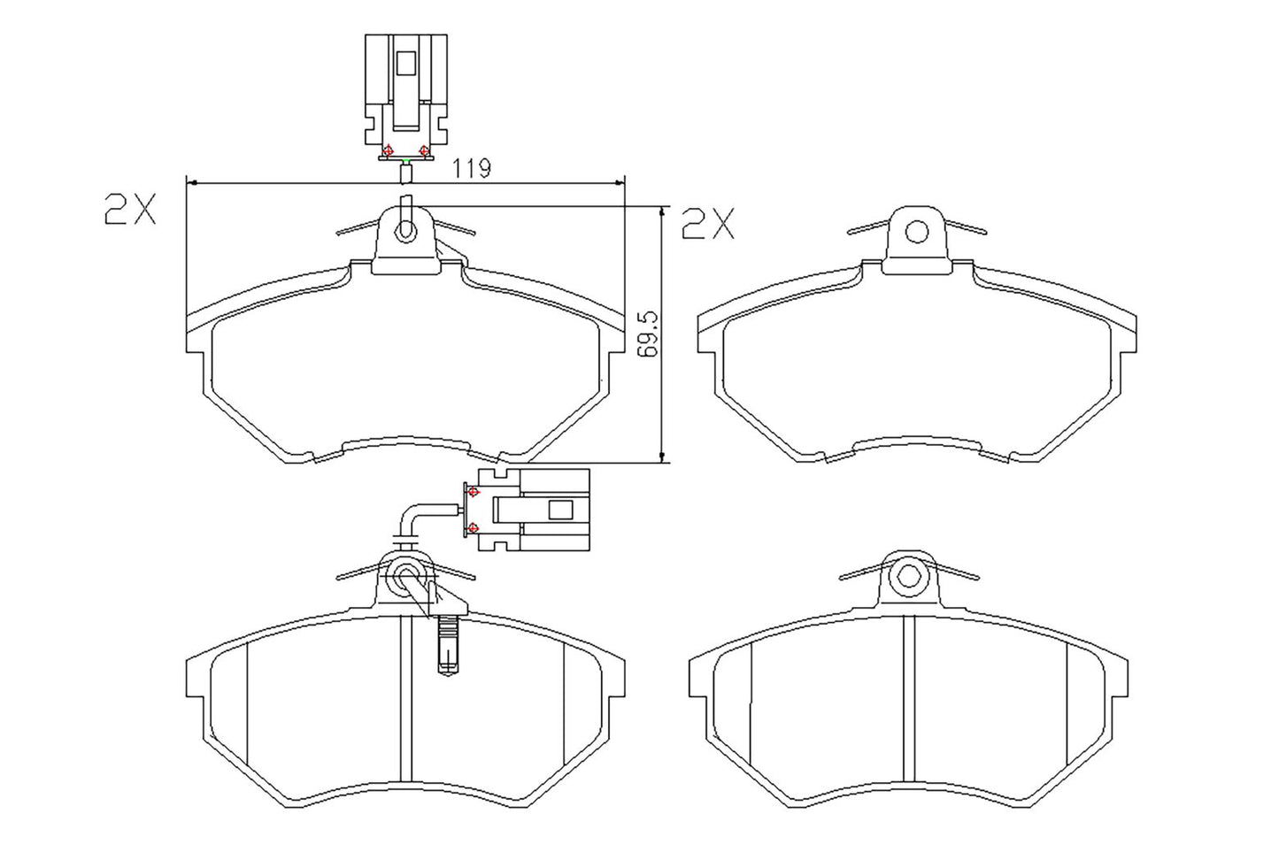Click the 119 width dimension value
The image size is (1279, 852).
pos(473,168)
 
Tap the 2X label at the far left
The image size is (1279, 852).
pos(129,210)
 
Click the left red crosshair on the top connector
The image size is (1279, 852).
pos(388,151)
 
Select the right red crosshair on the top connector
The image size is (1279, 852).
pos(424,151)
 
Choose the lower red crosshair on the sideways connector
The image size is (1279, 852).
pos(473,528)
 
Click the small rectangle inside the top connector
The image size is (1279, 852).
pos(406,64)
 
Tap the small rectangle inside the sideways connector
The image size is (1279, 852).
pos(560,510)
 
